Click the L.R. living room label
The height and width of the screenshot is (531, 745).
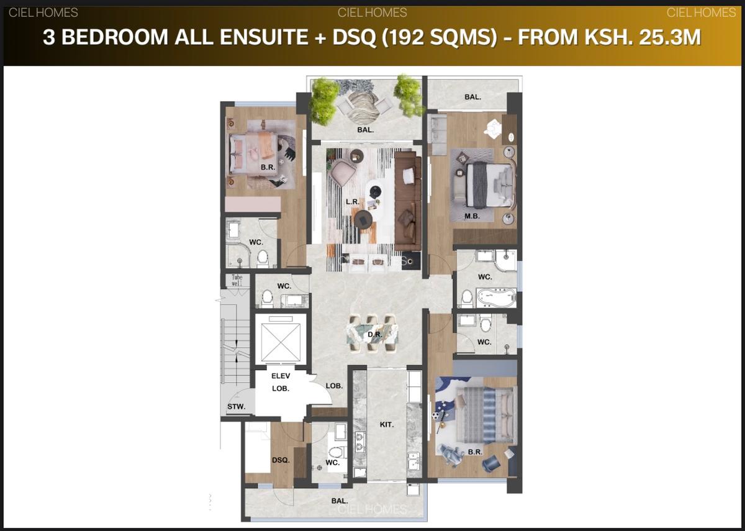351,202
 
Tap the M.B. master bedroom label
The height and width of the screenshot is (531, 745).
472,216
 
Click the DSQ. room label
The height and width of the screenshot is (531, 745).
281,460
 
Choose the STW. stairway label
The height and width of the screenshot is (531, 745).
236,407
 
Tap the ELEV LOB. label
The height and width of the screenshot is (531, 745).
281,382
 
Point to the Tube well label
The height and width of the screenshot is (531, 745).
237,280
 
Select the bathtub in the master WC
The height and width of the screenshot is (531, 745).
495,297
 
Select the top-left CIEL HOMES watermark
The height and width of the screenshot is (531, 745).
43,12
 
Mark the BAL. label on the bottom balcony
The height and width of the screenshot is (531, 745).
339,501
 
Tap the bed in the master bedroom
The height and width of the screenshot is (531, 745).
490,184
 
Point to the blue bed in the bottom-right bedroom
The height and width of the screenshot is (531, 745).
484,413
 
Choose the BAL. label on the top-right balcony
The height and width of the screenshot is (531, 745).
473,97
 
